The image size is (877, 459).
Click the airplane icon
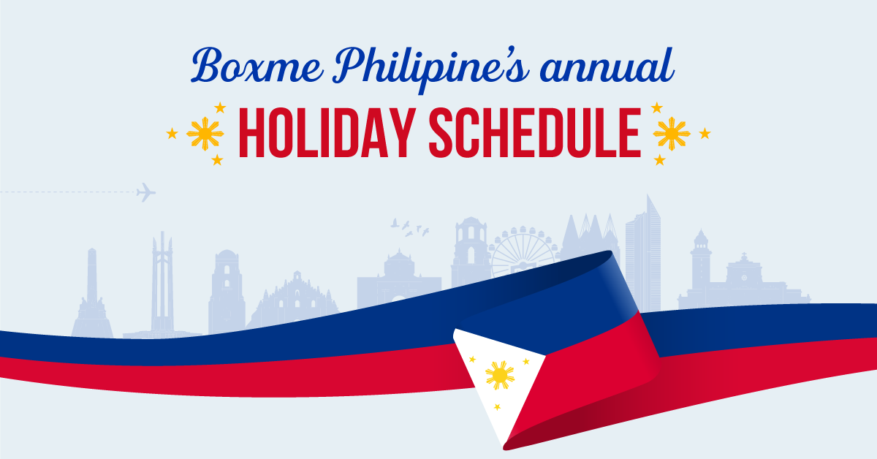146,193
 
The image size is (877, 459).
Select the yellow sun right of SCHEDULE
672,134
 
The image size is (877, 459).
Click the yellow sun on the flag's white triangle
500,375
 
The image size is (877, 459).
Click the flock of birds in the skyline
410,226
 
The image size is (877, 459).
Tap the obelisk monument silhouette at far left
91,292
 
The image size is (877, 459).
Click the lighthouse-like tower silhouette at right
701,263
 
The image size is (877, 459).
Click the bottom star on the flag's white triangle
498,407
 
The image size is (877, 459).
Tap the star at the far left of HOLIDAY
172,133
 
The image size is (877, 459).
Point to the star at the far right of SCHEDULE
705,133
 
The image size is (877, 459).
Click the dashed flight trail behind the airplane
66,193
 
